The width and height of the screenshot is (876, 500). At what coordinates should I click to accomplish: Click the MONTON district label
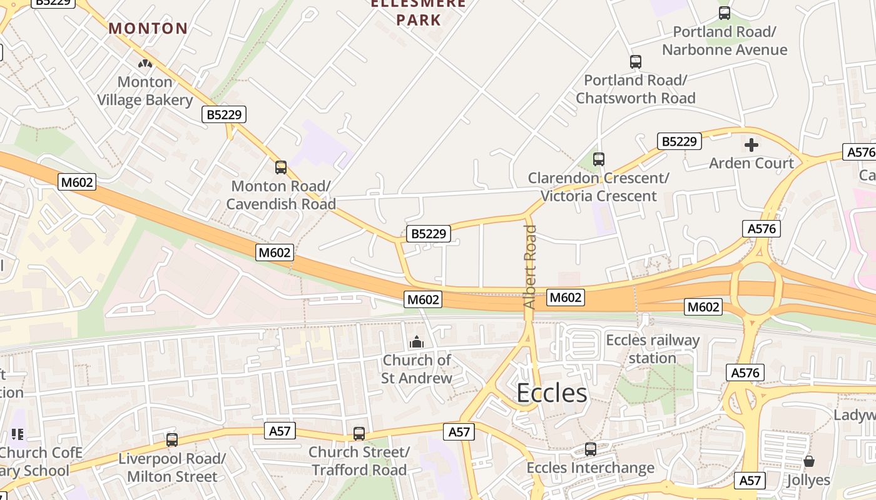(x=148, y=28)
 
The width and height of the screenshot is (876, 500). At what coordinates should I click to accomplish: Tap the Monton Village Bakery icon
(x=145, y=64)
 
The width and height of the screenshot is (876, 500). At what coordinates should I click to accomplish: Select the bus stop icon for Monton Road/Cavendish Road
(x=281, y=167)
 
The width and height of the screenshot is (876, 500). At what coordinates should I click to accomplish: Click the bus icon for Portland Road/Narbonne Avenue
(x=725, y=13)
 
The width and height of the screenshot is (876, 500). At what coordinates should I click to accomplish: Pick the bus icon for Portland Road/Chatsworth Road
(x=636, y=62)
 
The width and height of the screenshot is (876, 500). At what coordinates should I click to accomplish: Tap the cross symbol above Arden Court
(x=751, y=145)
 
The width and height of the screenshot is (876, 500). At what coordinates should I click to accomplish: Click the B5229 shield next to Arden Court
(x=679, y=141)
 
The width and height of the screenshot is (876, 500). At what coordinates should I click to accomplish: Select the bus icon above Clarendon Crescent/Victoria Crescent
(x=599, y=159)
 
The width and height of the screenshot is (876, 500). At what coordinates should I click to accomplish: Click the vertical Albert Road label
(x=530, y=267)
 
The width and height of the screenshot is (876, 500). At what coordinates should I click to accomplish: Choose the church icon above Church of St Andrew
(x=417, y=342)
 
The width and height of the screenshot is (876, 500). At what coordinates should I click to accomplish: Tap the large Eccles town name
(x=552, y=393)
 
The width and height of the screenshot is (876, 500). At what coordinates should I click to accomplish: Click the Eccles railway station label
(x=653, y=349)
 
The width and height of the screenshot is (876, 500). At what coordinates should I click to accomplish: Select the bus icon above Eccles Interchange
(x=591, y=449)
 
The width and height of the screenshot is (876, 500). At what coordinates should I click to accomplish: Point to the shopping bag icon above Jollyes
(x=809, y=462)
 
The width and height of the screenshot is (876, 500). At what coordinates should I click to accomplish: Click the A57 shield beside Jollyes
(x=750, y=480)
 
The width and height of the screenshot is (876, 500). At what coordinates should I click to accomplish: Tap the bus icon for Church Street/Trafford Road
(x=359, y=434)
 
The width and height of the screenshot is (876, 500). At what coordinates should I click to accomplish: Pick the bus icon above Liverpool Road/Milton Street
(x=172, y=440)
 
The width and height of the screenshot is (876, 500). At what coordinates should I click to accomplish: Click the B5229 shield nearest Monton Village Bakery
(x=223, y=114)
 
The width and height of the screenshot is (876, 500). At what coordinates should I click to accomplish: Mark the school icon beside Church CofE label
(x=17, y=434)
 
